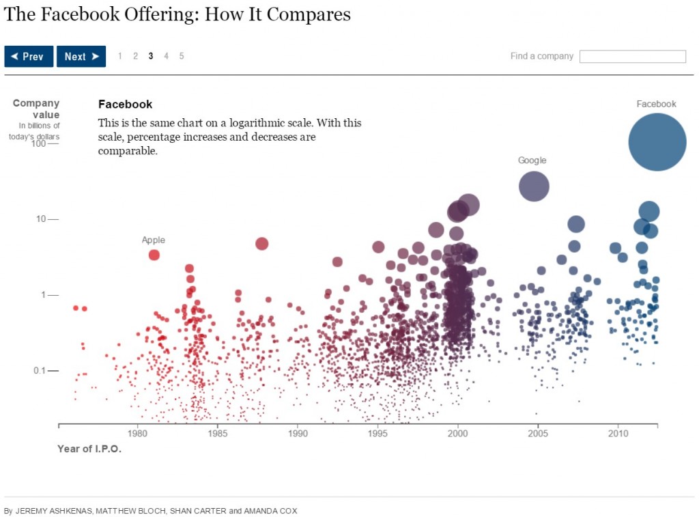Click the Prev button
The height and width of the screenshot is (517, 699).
coord(29,57)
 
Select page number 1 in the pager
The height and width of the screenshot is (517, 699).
coord(120,56)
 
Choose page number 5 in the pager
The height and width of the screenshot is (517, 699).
coord(182,56)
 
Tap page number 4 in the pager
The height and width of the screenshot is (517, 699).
coord(166,56)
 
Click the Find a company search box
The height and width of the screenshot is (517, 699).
coord(632,57)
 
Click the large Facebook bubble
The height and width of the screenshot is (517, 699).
coord(657,142)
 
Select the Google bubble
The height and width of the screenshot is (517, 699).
coord(534,186)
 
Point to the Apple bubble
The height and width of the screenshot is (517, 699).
coord(154,255)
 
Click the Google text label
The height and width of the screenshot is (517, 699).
coord(532,160)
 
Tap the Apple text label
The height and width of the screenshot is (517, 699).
coord(154,240)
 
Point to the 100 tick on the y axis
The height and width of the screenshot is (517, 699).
coord(38,143)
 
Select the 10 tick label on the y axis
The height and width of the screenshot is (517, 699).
coord(40,219)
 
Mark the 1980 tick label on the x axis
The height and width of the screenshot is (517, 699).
coord(137,434)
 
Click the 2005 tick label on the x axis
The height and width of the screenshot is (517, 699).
coord(538,434)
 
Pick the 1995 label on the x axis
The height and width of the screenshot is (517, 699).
coord(377,434)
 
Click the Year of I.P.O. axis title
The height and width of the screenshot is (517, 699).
coord(89,449)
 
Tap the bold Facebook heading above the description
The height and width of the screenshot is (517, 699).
coord(125,104)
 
